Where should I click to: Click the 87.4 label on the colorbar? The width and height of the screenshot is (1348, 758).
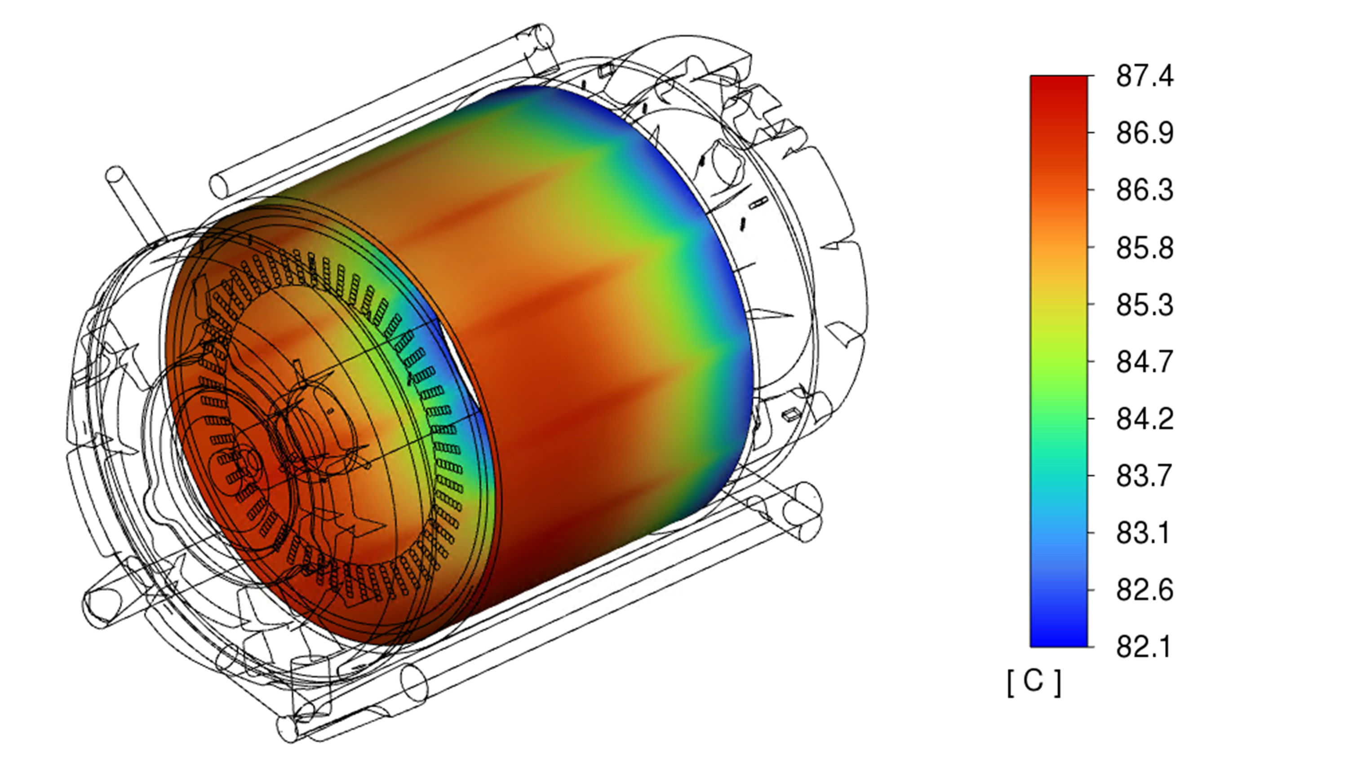1144,76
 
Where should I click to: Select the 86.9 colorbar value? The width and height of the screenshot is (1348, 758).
1144,133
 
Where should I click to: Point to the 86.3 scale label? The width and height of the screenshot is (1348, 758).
1144,190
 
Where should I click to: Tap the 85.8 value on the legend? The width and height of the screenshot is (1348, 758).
1144,248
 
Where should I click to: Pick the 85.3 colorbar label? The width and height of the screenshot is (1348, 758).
1144,305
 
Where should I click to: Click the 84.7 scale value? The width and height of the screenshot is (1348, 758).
1144,362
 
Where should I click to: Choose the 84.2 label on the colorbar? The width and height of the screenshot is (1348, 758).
1144,419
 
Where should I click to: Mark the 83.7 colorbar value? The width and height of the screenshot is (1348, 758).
1144,476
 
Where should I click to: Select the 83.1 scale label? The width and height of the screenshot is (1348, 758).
1144,533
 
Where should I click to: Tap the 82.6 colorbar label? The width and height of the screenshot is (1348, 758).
1144,591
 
